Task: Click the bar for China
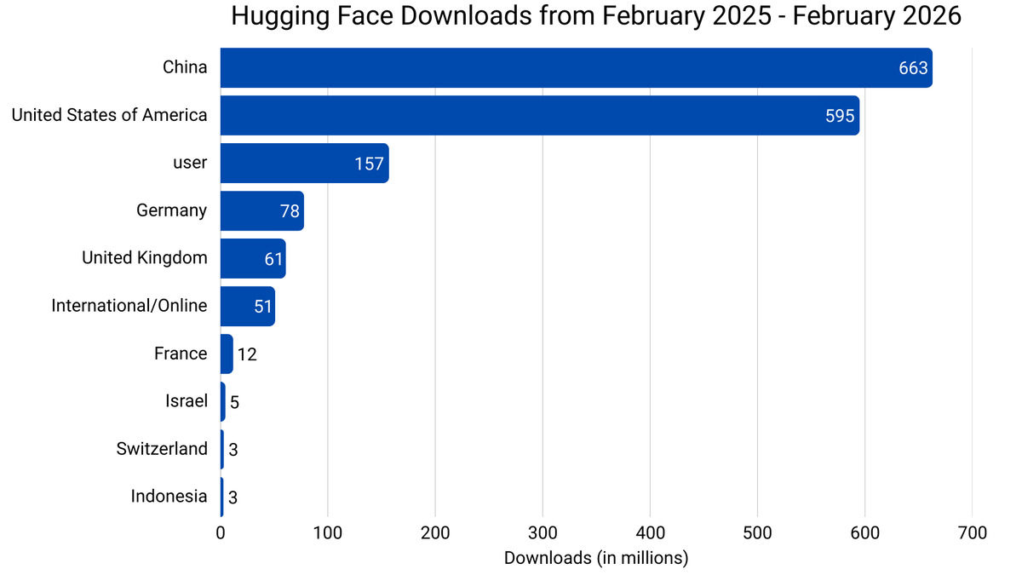pos(576,67)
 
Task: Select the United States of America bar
pos(539,115)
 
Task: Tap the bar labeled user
pos(304,163)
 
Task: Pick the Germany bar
pos(261,210)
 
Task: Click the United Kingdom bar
pos(253,258)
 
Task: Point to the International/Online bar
pos(247,306)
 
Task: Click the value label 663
pos(913,68)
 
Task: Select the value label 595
pos(840,116)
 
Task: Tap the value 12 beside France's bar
pos(247,354)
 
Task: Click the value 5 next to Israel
pos(234,402)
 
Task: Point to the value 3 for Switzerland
pos(233,450)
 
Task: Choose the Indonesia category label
pos(169,496)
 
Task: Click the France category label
pos(181,354)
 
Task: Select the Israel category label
pos(187,400)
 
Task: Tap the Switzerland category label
pos(162,448)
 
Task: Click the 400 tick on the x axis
pos(650,534)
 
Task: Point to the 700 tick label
pos(972,534)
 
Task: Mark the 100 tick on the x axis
pos(328,534)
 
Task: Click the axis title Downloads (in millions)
pos(596,558)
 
